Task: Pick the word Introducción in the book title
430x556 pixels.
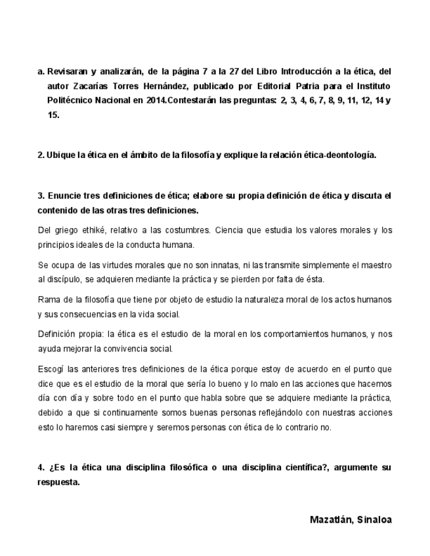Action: tap(308, 71)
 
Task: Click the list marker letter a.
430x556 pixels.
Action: tap(40, 71)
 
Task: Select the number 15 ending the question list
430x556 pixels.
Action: tap(53, 115)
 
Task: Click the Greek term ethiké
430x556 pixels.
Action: tap(87, 230)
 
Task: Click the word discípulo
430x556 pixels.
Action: tap(65, 279)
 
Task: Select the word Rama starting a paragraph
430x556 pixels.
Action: tap(49, 300)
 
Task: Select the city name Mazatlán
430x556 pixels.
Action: tap(330, 520)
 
